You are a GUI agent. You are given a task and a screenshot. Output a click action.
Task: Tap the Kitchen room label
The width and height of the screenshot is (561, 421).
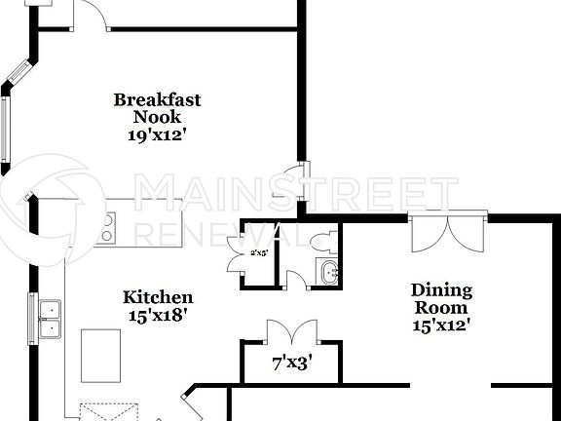tap(158, 297)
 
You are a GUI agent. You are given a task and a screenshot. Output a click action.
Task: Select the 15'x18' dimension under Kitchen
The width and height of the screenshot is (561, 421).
tap(157, 315)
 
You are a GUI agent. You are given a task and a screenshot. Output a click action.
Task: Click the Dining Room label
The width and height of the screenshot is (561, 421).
tap(441, 298)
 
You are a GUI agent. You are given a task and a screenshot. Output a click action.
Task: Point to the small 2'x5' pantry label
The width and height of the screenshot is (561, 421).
tap(259, 253)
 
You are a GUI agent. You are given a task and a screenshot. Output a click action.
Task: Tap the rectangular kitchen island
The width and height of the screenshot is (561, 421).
tap(100, 355)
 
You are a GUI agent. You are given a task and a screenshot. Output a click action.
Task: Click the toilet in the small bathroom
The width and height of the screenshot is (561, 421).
tap(323, 241)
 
